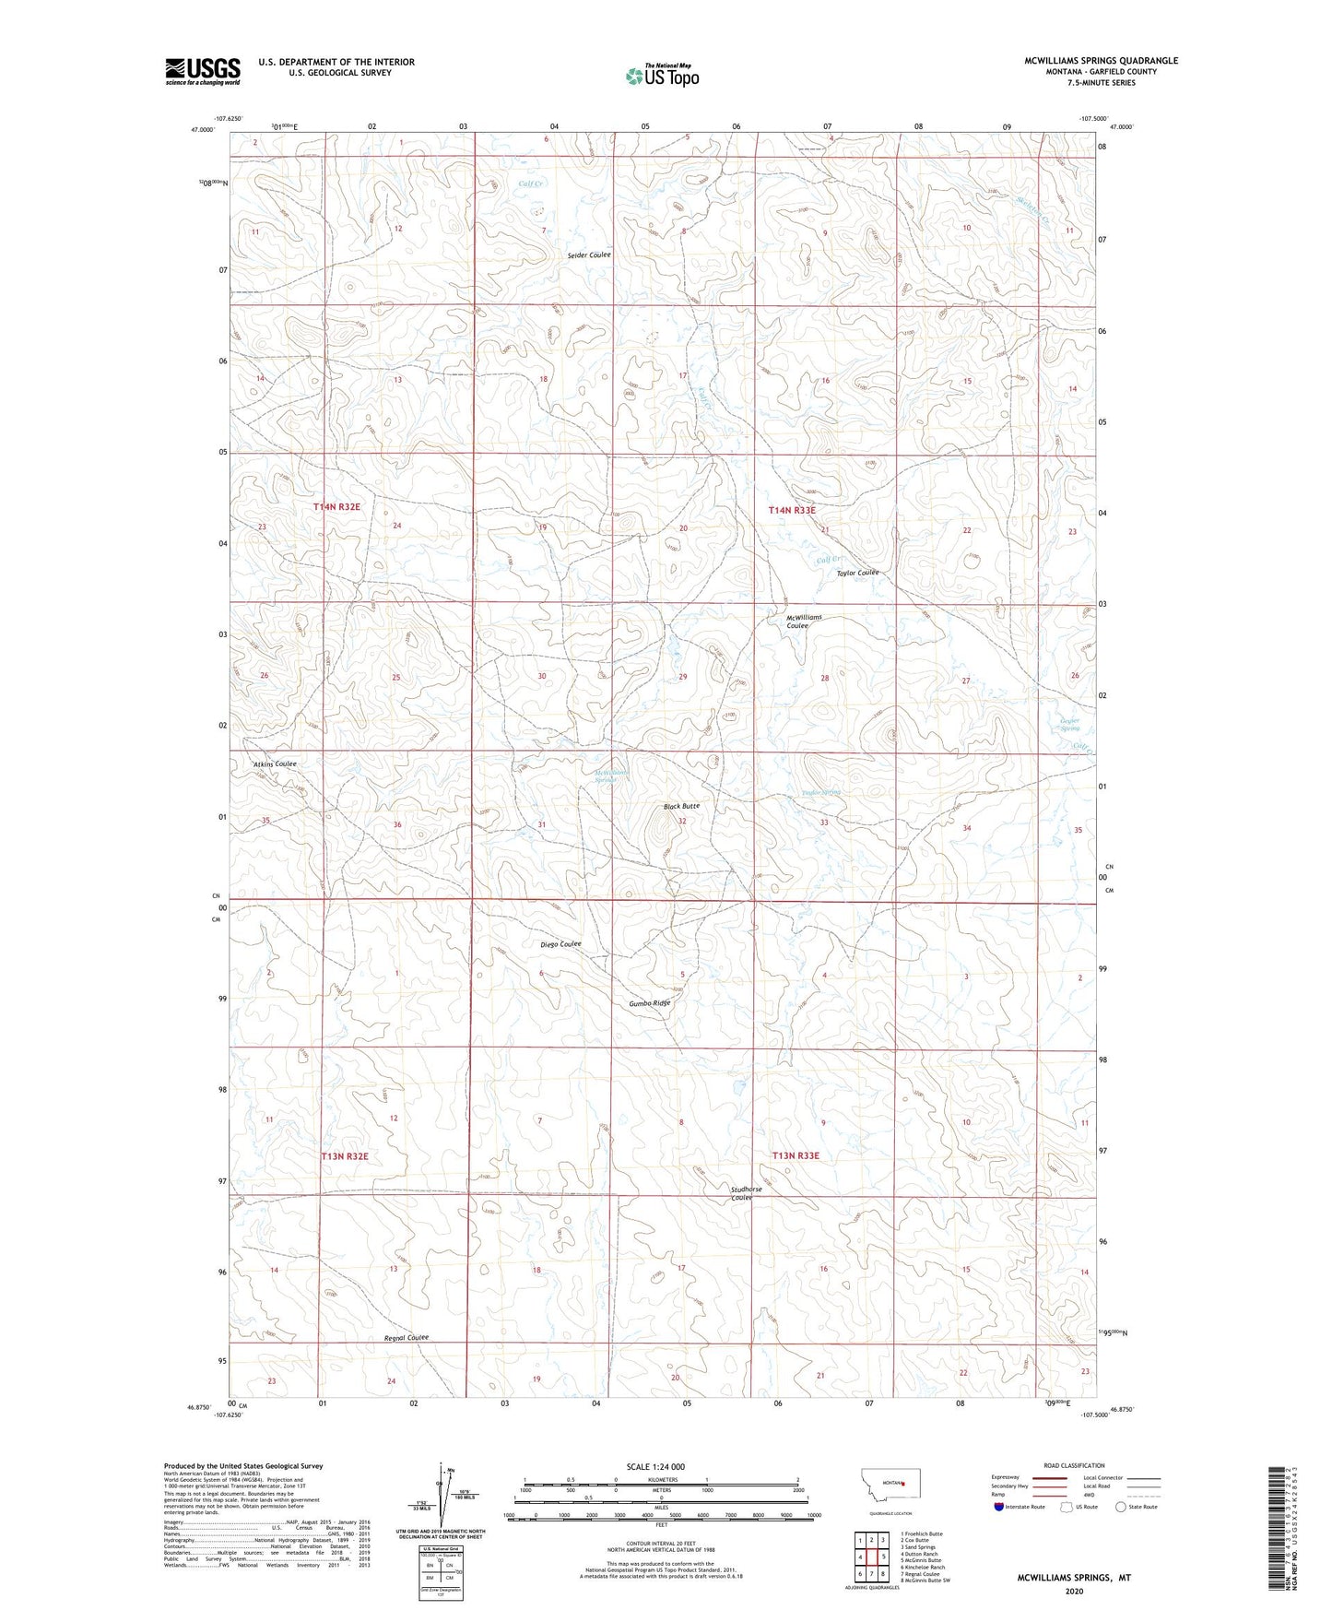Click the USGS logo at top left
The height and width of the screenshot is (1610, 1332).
[202, 71]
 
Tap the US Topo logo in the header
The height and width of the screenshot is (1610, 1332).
[661, 76]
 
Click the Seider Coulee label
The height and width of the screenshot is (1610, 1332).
[589, 255]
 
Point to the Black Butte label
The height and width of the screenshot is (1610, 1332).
[681, 806]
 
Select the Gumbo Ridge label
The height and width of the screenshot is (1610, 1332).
[650, 1002]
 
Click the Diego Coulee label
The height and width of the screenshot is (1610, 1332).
[560, 944]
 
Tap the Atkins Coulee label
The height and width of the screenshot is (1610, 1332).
[275, 764]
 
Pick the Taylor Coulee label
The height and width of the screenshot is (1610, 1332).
[857, 573]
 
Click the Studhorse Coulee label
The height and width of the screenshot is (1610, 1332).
[746, 1193]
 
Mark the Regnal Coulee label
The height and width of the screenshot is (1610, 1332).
[407, 1338]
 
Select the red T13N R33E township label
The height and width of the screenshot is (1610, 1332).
[795, 1155]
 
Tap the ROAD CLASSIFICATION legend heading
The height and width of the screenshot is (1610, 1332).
[1074, 1465]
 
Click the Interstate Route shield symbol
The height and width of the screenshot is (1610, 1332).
[998, 1507]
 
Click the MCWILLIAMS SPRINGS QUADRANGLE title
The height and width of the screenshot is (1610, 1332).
[1101, 61]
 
